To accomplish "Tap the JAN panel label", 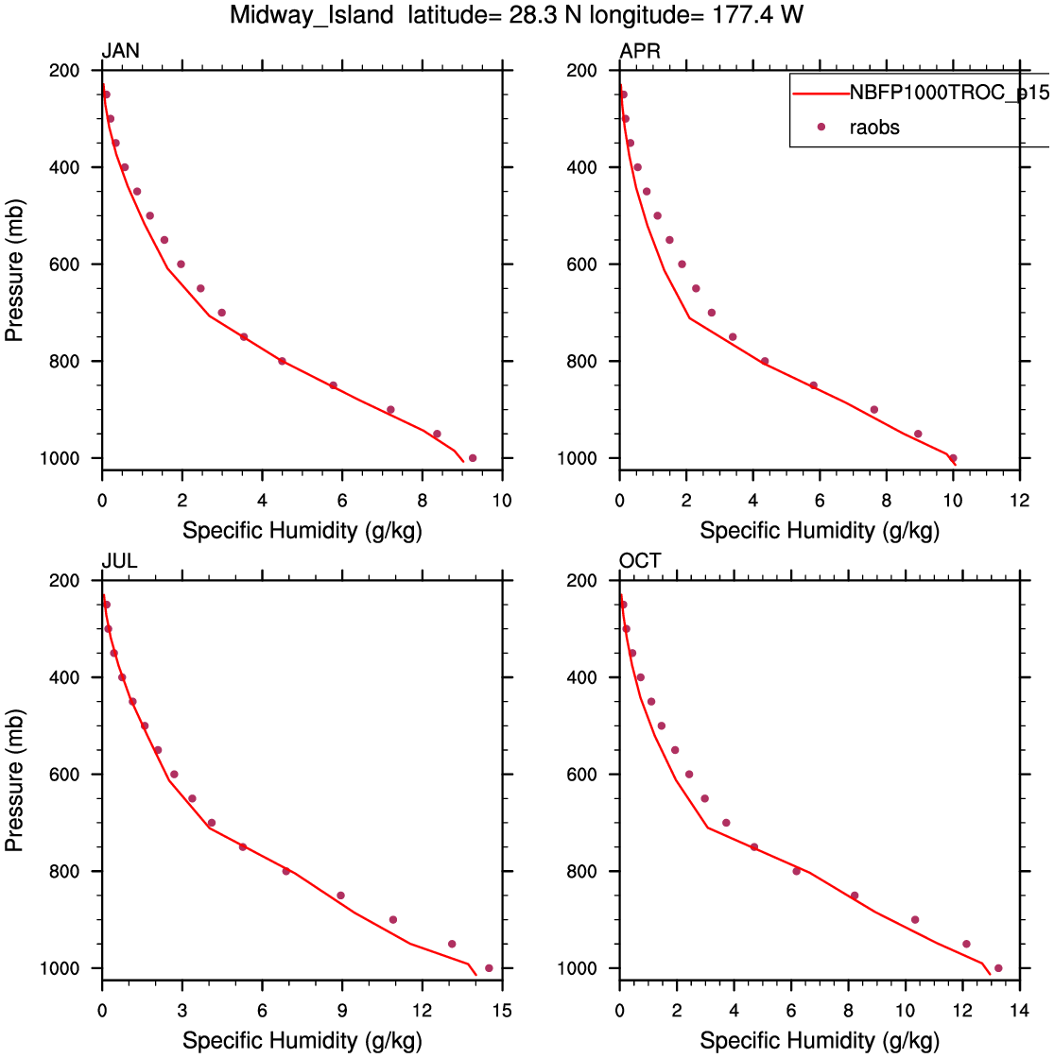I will tap(120, 51).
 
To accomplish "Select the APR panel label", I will tap(639, 51).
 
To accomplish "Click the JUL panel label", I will tap(119, 561).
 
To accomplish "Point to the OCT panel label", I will tap(640, 561).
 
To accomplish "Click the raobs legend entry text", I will tap(875, 128).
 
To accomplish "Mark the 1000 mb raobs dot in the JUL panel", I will tap(489, 968).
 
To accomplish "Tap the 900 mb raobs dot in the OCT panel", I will tap(915, 919).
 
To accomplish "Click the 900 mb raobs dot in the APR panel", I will tap(874, 409).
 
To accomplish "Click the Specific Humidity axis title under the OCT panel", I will tap(820, 1041).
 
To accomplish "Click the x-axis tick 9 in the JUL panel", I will tap(342, 1009).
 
